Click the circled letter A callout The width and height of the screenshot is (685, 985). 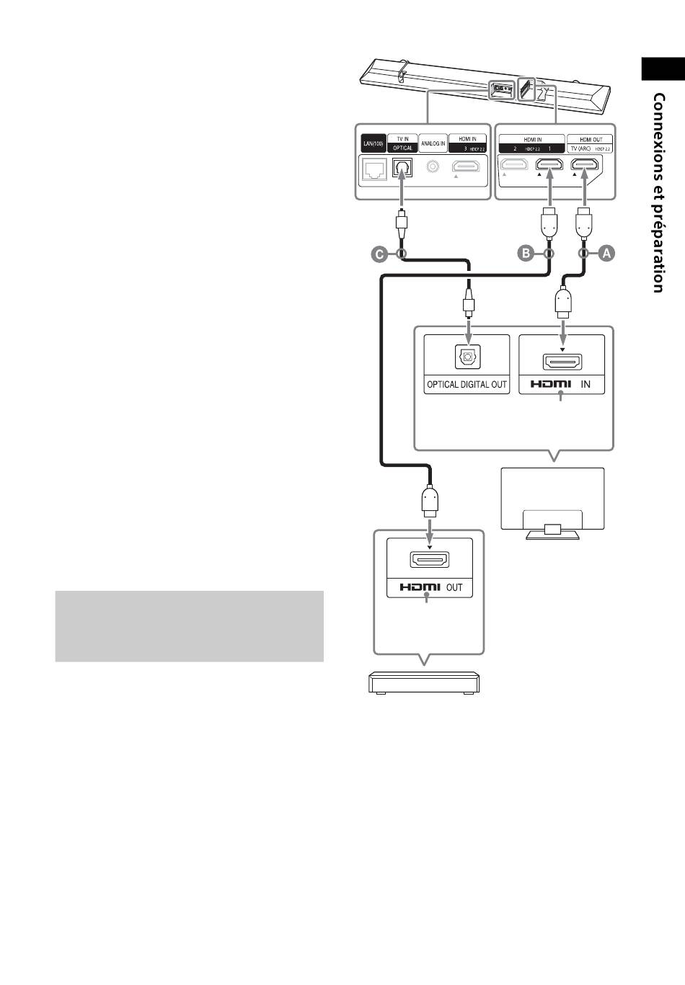(x=606, y=253)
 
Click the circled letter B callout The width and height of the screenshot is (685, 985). (x=526, y=253)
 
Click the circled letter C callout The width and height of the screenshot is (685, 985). (x=379, y=253)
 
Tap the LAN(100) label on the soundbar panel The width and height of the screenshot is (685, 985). (x=372, y=144)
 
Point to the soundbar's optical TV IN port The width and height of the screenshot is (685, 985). (x=402, y=168)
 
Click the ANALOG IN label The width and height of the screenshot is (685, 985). (x=433, y=144)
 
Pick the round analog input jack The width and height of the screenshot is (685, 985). (x=433, y=167)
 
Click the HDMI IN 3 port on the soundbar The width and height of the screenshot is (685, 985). (x=467, y=167)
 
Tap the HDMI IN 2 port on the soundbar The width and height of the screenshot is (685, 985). (x=513, y=166)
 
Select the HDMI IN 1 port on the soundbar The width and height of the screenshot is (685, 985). (x=549, y=166)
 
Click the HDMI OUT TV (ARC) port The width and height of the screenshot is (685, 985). (x=584, y=166)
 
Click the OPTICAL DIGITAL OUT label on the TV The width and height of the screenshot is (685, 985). (x=467, y=385)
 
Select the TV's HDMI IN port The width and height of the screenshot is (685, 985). (x=562, y=362)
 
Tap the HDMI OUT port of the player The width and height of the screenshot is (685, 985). (x=430, y=560)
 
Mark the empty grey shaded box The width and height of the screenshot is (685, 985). (x=189, y=626)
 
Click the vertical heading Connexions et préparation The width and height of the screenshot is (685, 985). (x=658, y=192)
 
